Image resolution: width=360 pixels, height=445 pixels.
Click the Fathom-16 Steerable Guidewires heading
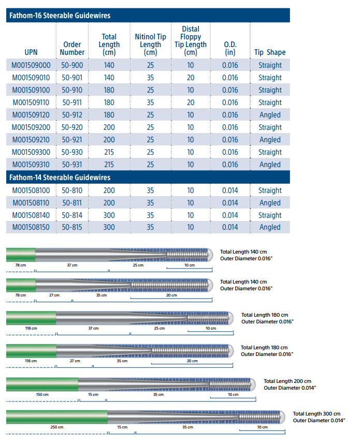60,16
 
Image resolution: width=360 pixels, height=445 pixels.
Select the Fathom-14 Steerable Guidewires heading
60,177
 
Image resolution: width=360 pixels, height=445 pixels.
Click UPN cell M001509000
31,65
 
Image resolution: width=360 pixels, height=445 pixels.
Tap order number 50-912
72,115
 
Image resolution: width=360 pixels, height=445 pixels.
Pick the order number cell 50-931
72,165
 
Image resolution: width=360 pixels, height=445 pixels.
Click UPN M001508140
31,215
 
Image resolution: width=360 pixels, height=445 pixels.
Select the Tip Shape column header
270,52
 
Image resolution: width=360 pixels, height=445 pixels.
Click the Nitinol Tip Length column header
150,44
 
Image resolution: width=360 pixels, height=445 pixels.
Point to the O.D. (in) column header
230,48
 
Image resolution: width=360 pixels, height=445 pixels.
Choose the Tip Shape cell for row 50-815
270,227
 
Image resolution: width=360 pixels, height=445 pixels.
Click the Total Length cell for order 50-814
109,215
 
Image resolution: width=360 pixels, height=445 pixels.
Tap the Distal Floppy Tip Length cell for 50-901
191,78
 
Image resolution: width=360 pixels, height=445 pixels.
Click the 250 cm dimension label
56,427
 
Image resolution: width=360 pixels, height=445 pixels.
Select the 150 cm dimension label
42,394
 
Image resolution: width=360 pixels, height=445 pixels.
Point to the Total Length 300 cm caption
316,414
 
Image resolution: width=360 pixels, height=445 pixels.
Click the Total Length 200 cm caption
287,381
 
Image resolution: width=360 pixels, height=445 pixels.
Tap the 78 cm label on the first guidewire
20,265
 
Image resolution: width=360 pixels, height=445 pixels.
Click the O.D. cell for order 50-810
230,190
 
